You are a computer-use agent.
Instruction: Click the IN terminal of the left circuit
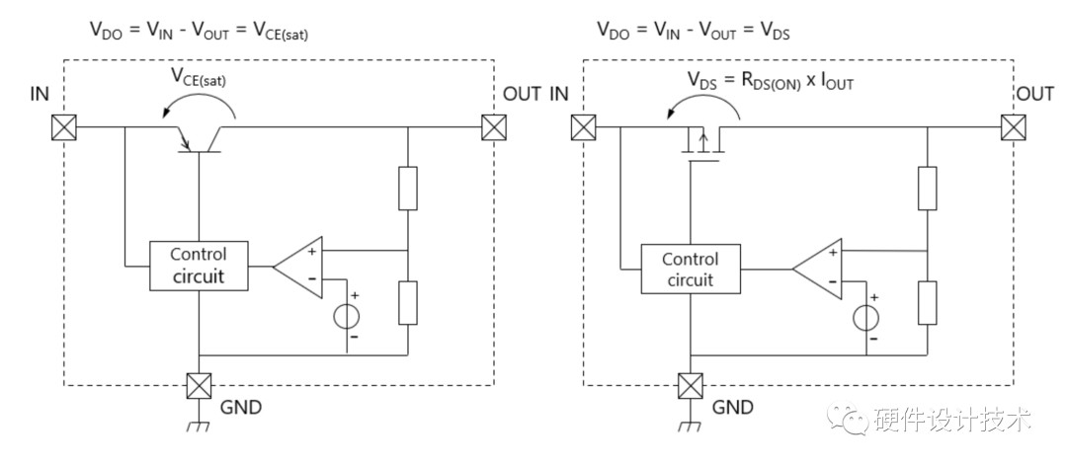64,127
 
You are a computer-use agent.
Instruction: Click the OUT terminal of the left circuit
493,127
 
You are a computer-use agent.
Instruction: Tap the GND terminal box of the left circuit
198,386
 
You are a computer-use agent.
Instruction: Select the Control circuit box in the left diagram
198,266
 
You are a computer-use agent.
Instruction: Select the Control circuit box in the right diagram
691,269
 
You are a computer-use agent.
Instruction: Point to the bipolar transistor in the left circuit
198,139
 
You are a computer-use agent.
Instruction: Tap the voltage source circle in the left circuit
347,317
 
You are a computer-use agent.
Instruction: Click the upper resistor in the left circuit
408,188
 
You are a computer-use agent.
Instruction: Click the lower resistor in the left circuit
408,302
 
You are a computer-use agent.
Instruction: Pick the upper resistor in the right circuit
927,188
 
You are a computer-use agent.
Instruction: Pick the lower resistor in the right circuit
927,302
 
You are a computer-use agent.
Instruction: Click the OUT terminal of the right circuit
1013,127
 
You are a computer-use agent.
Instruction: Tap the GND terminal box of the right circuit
691,386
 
